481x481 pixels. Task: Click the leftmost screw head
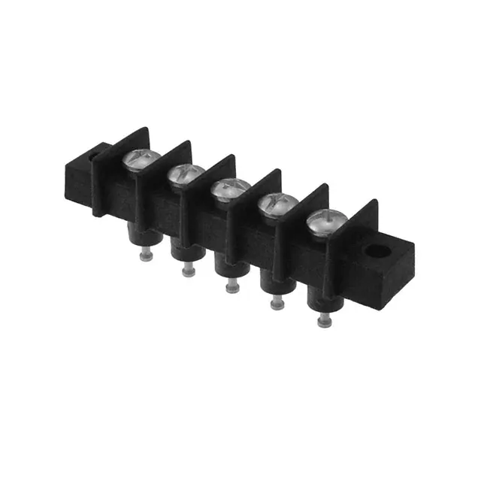point(141,159)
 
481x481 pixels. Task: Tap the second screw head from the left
point(183,175)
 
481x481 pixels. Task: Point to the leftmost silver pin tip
point(147,256)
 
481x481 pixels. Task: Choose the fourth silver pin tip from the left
point(277,303)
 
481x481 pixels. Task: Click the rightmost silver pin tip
point(324,321)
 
